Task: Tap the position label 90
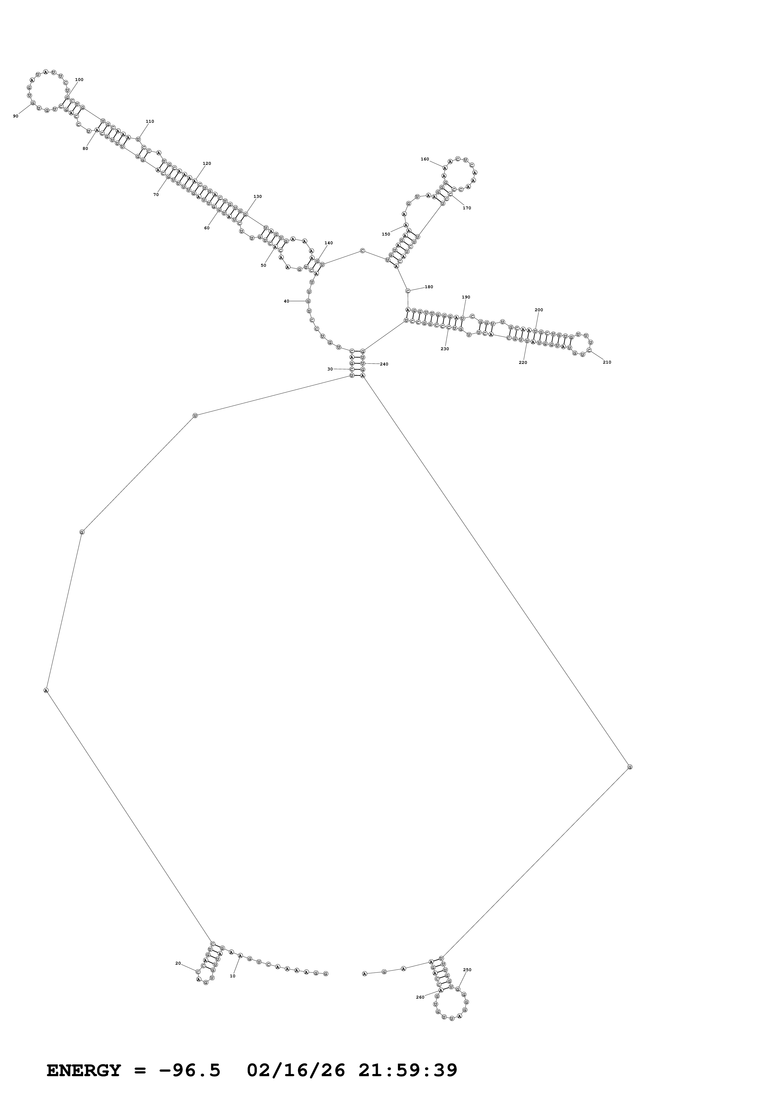click(16, 116)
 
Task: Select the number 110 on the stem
click(150, 122)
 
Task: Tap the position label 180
click(429, 287)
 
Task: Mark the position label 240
click(384, 364)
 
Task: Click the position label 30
click(330, 369)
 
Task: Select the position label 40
click(287, 301)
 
